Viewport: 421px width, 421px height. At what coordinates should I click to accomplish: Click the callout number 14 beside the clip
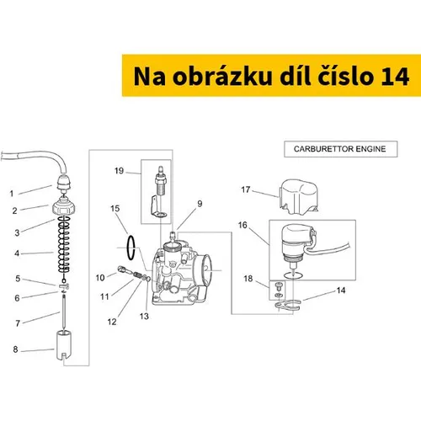tap(341, 290)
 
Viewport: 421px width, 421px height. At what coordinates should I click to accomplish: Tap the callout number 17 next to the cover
tap(246, 189)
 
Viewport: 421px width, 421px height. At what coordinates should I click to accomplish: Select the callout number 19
tap(119, 171)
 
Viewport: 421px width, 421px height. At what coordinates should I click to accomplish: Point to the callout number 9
tap(200, 204)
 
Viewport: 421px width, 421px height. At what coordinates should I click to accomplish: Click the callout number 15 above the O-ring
tap(115, 209)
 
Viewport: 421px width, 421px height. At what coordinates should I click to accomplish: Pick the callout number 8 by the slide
tap(15, 349)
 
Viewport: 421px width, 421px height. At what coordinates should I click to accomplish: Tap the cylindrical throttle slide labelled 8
tap(64, 345)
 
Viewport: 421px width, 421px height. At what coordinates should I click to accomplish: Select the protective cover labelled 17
tap(298, 197)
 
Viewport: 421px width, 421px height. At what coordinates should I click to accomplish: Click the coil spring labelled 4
tap(64, 244)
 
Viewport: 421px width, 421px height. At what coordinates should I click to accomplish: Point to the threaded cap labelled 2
tap(64, 205)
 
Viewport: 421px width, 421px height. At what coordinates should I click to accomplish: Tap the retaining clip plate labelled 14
tap(288, 306)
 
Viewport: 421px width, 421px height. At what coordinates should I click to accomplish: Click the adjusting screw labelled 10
tap(122, 269)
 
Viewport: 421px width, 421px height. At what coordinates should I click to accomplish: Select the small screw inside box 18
tap(279, 286)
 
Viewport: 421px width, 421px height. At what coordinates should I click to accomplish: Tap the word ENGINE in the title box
tap(370, 149)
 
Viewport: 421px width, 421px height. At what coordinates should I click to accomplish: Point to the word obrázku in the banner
tap(222, 76)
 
